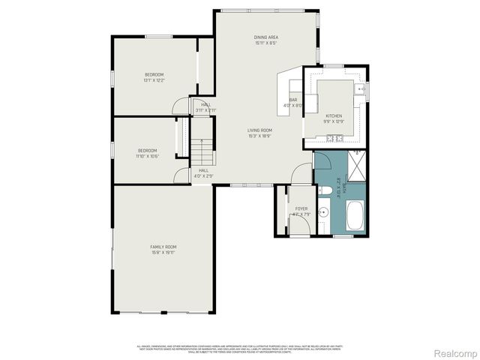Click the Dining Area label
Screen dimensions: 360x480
point(266,37)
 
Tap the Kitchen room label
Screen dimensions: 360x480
point(333,115)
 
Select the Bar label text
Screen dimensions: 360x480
point(293,100)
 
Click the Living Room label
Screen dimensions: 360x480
point(259,130)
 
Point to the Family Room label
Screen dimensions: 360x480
point(163,247)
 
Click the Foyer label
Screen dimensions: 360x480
point(301,209)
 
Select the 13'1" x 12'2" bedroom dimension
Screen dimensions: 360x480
point(154,79)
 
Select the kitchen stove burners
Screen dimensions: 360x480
point(334,138)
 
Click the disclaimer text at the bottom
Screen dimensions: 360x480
point(239,349)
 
